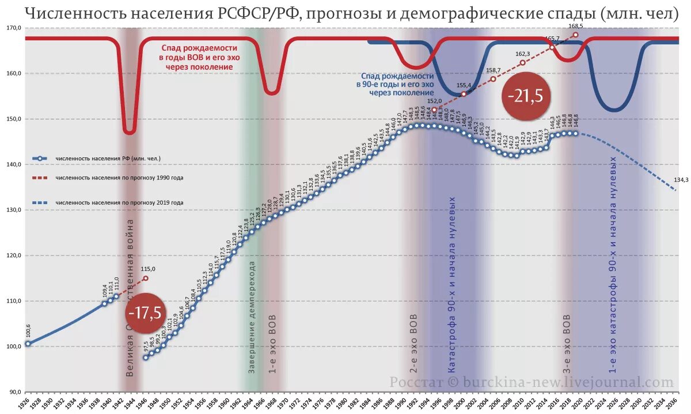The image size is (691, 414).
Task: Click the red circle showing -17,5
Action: tap(146, 313)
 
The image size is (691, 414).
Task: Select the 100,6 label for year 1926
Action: tap(28, 333)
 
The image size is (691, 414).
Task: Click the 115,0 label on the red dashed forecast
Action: tap(149, 269)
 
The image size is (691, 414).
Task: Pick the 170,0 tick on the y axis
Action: tap(14, 28)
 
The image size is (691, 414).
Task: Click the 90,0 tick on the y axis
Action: tap(14, 392)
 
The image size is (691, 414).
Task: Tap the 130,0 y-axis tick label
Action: tap(14, 210)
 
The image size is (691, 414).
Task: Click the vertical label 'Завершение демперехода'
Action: tap(252, 318)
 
